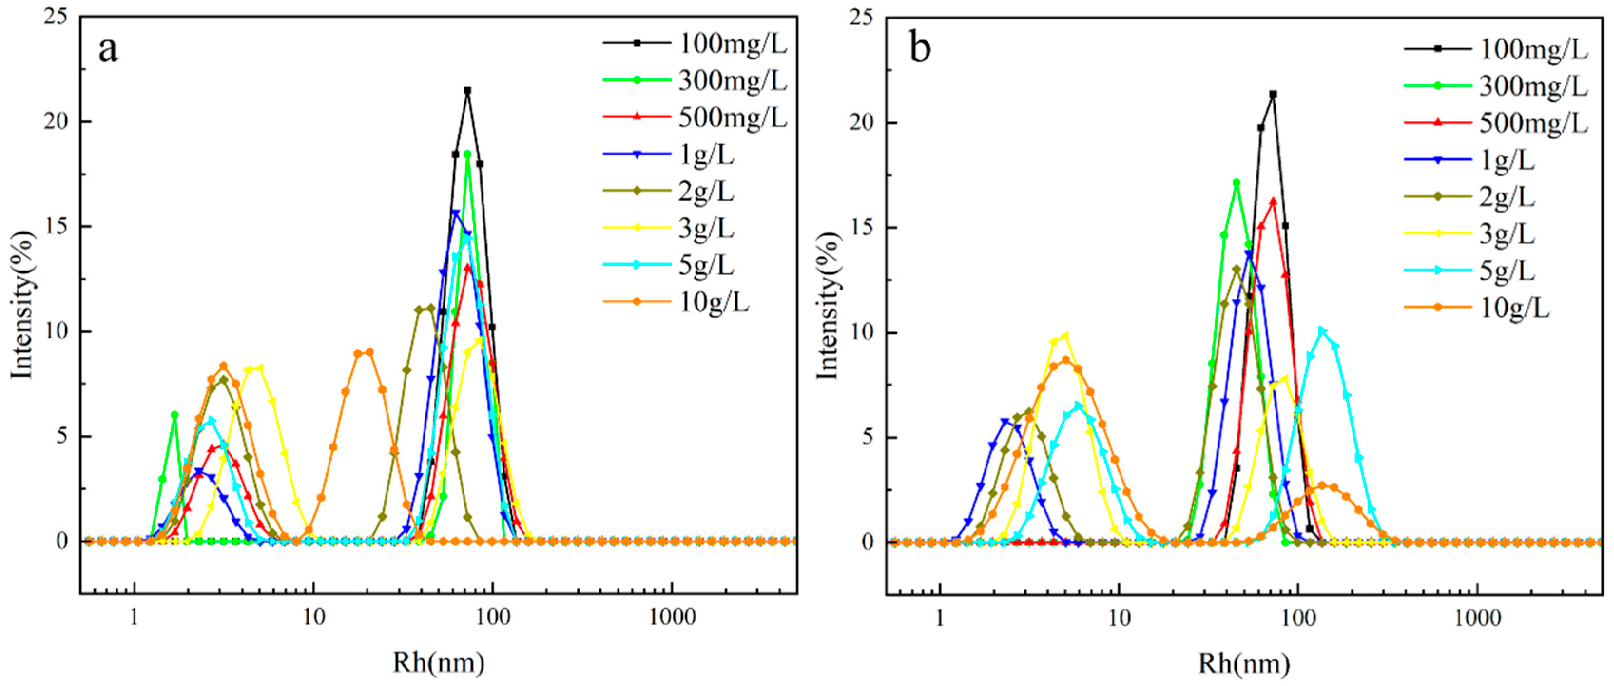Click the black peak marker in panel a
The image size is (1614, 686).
pos(467,90)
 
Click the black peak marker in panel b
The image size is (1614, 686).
pos(1273,95)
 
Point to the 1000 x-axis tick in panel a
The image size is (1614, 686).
pos(672,617)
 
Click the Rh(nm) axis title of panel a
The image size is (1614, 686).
pos(439,662)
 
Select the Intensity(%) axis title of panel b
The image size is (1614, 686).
pos(828,305)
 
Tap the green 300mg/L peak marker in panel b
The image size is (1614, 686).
pos(1236,183)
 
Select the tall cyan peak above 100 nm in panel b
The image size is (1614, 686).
pos(1322,330)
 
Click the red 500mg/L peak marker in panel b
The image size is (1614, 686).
pos(1273,202)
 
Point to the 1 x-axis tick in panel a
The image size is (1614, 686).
pos(134,617)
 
